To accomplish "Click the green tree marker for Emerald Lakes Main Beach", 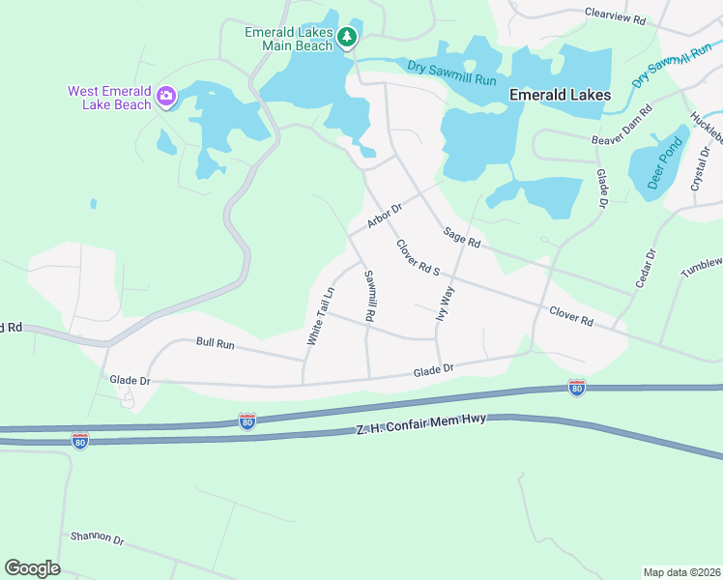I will [x=348, y=38].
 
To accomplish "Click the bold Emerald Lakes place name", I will [x=560, y=95].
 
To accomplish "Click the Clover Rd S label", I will [x=418, y=256].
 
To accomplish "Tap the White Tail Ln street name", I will [x=321, y=316].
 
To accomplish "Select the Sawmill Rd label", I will [x=369, y=296].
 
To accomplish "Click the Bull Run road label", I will [x=216, y=342].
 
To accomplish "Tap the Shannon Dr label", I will [x=98, y=537].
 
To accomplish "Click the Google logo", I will [x=32, y=568].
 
